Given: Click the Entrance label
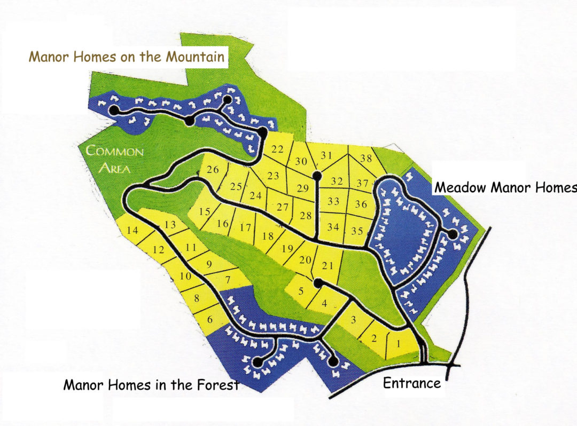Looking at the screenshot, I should click(x=412, y=383).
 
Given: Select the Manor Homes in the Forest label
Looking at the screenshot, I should click(x=151, y=384).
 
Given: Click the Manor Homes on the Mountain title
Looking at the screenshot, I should click(x=127, y=57).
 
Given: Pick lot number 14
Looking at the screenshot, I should click(x=133, y=231).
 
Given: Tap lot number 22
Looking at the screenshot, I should click(x=277, y=149).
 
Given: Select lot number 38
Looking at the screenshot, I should click(x=366, y=158).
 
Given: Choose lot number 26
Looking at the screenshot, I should click(x=213, y=170).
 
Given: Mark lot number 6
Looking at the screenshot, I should click(x=209, y=319).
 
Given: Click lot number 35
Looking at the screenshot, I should click(x=357, y=231).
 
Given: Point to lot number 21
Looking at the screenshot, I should click(x=328, y=266).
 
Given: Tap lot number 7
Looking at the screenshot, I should click(x=228, y=279).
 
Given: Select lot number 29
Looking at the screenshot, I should click(x=303, y=188).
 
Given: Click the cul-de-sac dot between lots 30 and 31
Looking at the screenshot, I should click(x=317, y=175).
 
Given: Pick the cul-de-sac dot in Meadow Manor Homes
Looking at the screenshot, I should click(x=453, y=234).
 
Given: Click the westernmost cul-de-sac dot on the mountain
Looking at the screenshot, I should click(x=114, y=111).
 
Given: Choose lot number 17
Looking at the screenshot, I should click(x=245, y=227).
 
